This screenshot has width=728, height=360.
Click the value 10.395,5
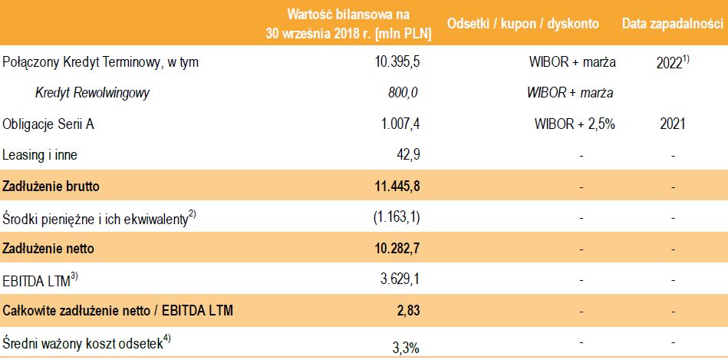(396, 62)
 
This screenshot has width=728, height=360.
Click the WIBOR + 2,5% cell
(575, 124)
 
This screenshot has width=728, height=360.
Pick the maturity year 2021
(671, 124)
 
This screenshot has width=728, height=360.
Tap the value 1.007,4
(399, 124)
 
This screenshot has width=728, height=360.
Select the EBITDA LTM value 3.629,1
(399, 279)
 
